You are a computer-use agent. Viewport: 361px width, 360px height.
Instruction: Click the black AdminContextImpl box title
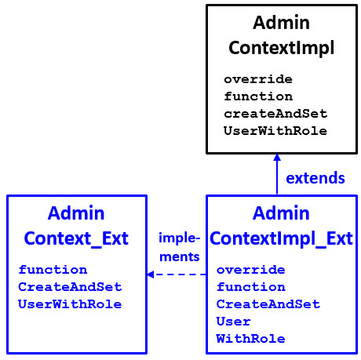pyautogui.click(x=281, y=35)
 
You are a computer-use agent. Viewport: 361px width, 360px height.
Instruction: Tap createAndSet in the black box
pyautogui.click(x=275, y=114)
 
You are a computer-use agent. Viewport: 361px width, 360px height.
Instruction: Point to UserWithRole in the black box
pyautogui.click(x=275, y=130)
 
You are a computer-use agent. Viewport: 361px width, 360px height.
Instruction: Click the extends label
pyautogui.click(x=315, y=178)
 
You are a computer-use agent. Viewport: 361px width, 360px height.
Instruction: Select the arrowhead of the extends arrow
pyautogui.click(x=277, y=158)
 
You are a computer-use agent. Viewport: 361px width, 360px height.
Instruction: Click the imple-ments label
pyautogui.click(x=179, y=246)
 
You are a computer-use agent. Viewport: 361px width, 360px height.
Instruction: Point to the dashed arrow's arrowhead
pyautogui.click(x=150, y=275)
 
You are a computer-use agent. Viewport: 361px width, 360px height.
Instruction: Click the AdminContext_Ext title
pyautogui.click(x=76, y=225)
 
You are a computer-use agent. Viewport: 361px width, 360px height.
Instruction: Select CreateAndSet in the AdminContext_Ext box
pyautogui.click(x=70, y=287)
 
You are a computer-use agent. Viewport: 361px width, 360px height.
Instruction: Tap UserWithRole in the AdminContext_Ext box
pyautogui.click(x=70, y=304)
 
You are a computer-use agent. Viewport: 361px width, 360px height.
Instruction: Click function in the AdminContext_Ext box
pyautogui.click(x=53, y=270)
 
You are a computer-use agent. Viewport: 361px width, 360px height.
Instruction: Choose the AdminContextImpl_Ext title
pyautogui.click(x=281, y=225)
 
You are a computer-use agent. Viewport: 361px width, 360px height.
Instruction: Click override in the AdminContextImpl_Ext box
pyautogui.click(x=250, y=270)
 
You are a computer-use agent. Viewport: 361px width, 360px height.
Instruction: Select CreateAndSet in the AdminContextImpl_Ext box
pyautogui.click(x=268, y=304)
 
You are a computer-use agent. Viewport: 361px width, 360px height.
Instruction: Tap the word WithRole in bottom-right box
pyautogui.click(x=250, y=339)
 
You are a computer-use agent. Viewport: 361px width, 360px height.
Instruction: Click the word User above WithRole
pyautogui.click(x=233, y=322)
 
